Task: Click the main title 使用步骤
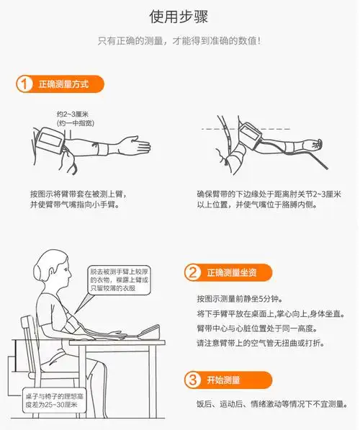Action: pos(179,16)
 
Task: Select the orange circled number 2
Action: pos(192,273)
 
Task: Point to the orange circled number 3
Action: pos(192,380)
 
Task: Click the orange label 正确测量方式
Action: pos(64,84)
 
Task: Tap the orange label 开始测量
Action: pos(222,380)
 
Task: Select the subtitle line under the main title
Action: pos(179,40)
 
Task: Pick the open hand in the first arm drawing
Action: pos(136,147)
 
